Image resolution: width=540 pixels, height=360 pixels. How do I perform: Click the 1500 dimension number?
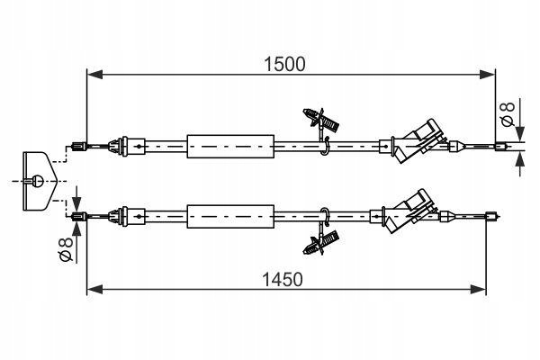click(284, 65)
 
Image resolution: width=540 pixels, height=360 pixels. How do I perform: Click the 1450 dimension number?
click(283, 279)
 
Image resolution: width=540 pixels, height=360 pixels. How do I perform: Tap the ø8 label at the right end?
click(508, 114)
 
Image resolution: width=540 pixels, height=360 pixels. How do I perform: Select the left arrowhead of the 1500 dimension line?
click(95, 75)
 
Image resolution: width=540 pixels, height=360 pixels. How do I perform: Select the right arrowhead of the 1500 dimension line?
click(488, 75)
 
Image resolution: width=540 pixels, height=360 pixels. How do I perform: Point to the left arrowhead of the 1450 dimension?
click(95, 289)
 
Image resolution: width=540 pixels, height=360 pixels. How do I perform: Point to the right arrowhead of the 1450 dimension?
click(478, 289)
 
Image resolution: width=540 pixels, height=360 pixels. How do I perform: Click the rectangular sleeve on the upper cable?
click(230, 147)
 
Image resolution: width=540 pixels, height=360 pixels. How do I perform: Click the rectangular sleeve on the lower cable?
click(230, 216)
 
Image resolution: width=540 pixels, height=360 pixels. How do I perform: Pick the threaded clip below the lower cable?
click(321, 243)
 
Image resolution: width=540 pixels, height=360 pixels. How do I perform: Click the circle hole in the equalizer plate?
click(38, 181)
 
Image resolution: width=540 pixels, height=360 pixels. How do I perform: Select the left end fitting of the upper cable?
click(79, 147)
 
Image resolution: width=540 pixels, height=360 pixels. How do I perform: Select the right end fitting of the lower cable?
click(492, 216)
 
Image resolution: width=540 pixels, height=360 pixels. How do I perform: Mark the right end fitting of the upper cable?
click(502, 147)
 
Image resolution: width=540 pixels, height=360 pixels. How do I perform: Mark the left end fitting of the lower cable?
click(79, 216)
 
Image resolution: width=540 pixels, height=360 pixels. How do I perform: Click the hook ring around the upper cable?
click(326, 146)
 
